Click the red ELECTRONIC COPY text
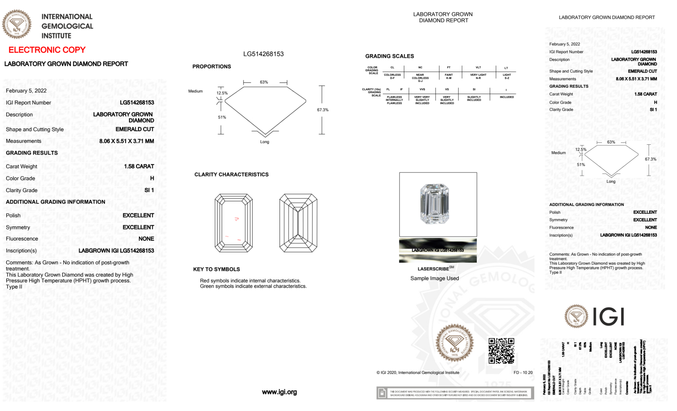[47, 50]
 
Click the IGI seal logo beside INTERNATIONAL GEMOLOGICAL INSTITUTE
[17, 24]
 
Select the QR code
[501, 350]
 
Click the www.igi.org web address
[279, 392]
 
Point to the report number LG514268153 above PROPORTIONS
[263, 54]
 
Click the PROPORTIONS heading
[211, 67]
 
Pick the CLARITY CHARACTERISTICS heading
[231, 175]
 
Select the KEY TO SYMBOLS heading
[217, 269]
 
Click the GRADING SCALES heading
[389, 56]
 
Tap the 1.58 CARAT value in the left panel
[139, 166]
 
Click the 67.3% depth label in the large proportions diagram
[322, 110]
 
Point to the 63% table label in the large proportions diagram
[264, 82]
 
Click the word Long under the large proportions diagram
[265, 142]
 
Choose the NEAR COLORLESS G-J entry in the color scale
[420, 78]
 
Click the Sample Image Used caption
[434, 278]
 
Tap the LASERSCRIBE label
[433, 269]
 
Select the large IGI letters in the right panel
[609, 317]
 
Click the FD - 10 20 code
[523, 373]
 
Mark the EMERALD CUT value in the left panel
[135, 129]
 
